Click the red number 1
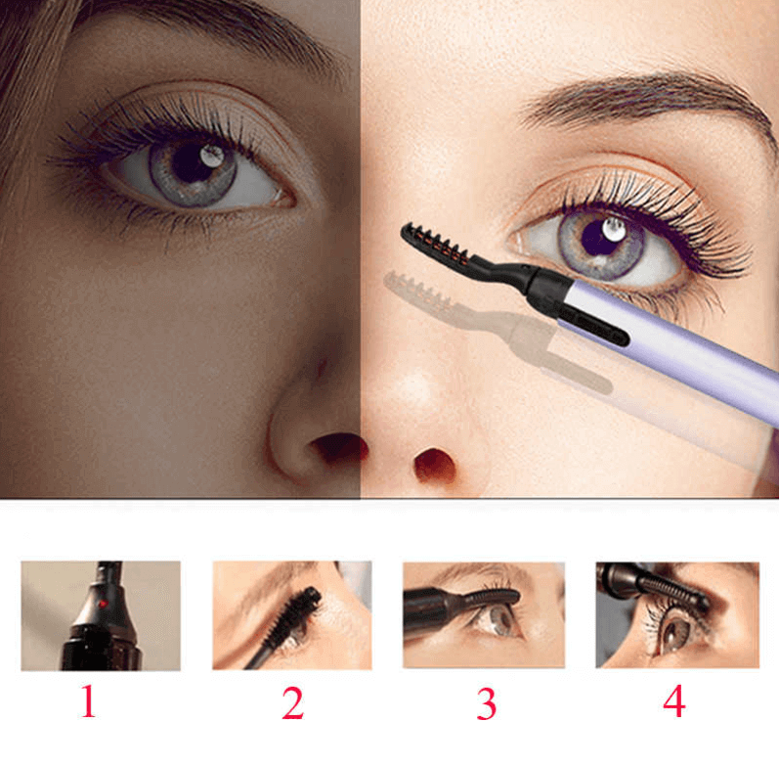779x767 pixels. pyautogui.click(x=88, y=700)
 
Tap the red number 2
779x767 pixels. pyautogui.click(x=292, y=702)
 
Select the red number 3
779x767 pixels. pyautogui.click(x=487, y=703)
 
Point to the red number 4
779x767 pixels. pyautogui.click(x=674, y=700)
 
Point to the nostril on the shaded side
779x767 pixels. pyautogui.click(x=338, y=447)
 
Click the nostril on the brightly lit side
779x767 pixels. pyautogui.click(x=434, y=465)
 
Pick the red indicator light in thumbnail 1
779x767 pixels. pyautogui.click(x=104, y=604)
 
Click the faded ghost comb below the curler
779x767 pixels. pyautogui.click(x=418, y=293)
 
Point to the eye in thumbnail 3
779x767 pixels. pyautogui.click(x=496, y=621)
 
